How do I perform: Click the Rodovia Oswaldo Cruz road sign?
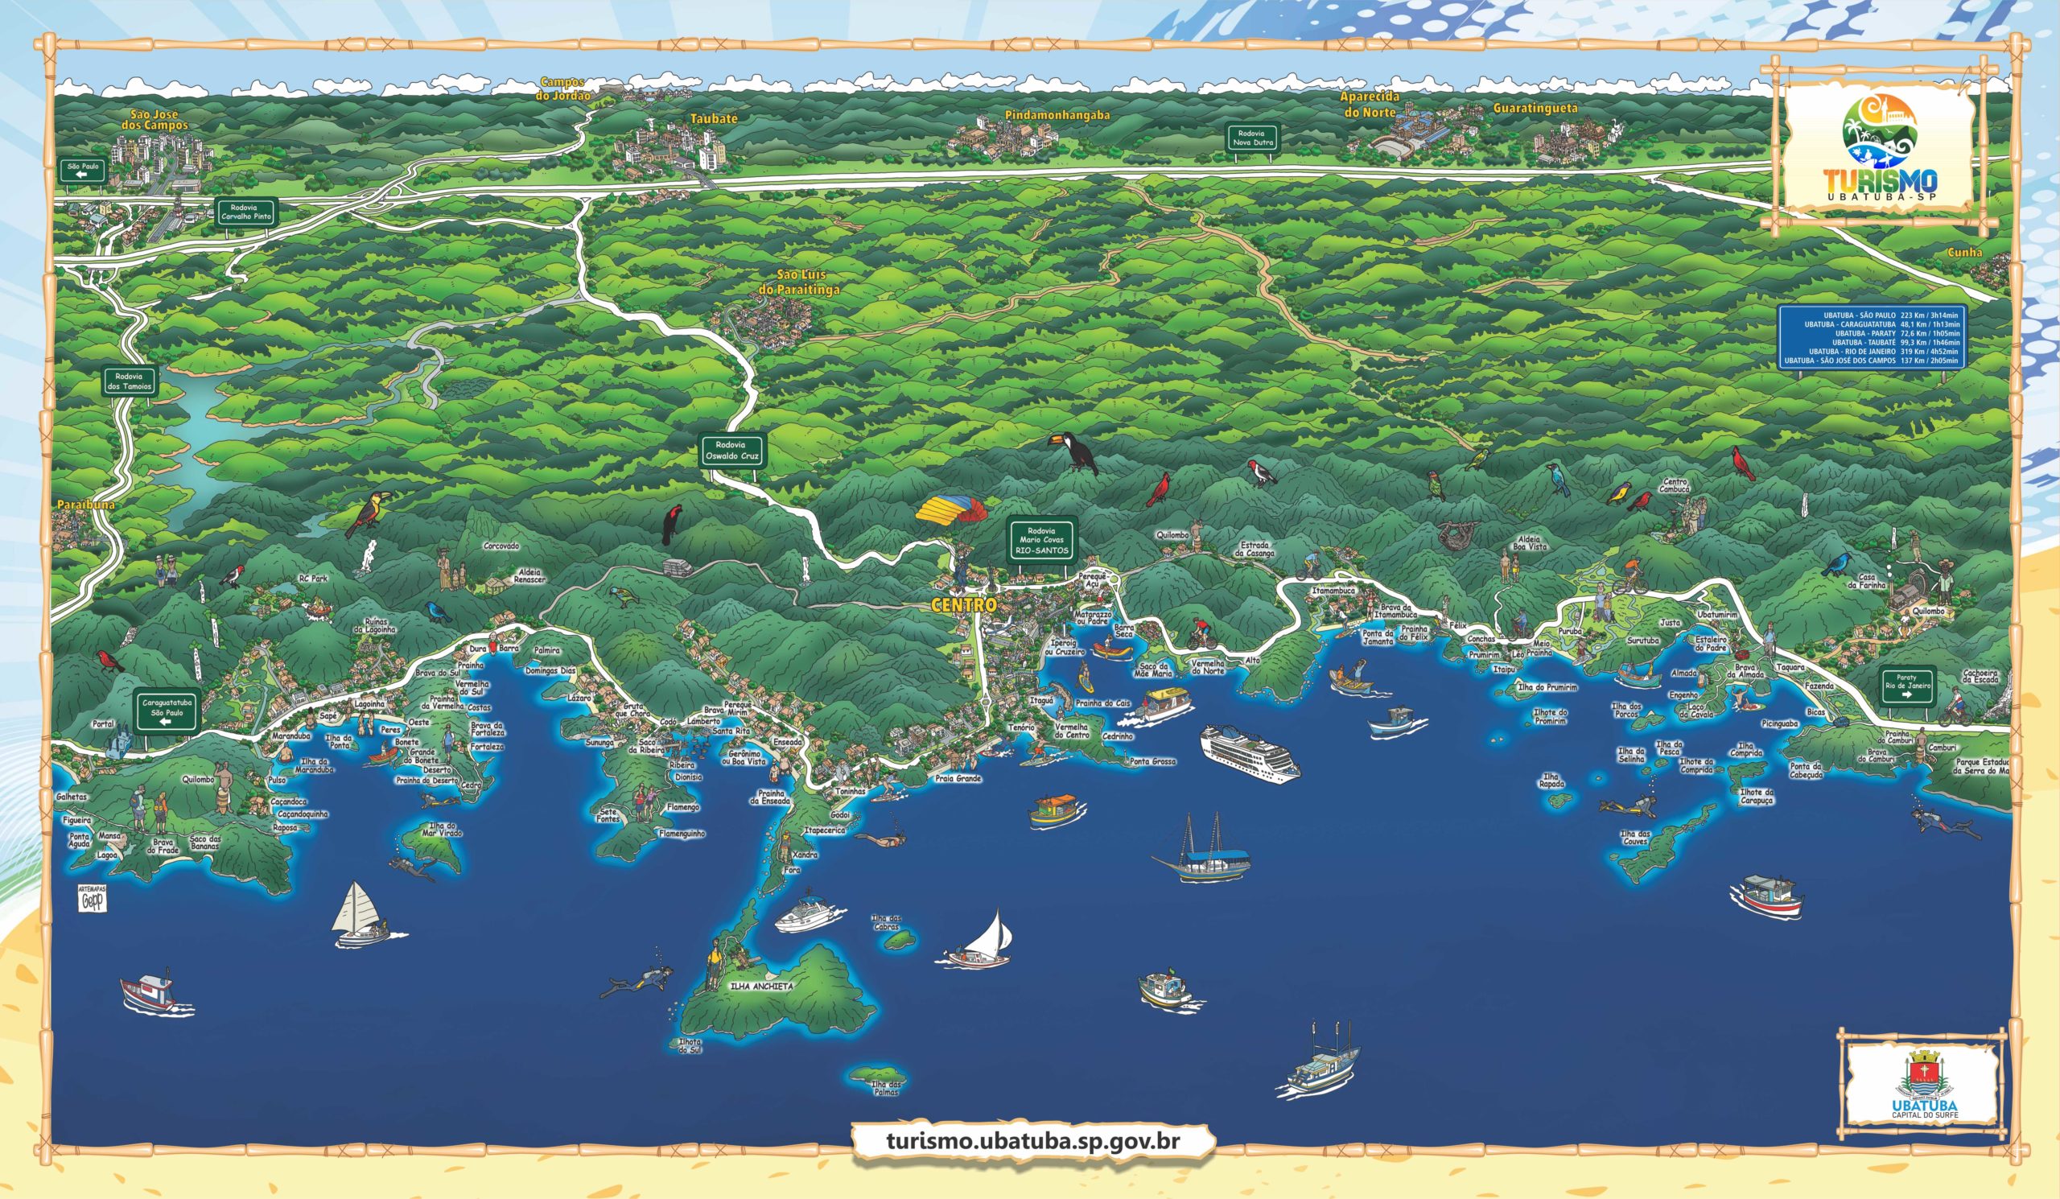pyautogui.click(x=732, y=451)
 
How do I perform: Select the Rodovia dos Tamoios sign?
pyautogui.click(x=130, y=381)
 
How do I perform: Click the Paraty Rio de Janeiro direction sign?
pyautogui.click(x=1907, y=687)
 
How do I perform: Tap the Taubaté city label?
pyautogui.click(x=714, y=118)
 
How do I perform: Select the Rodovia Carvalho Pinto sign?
pyautogui.click(x=245, y=212)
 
